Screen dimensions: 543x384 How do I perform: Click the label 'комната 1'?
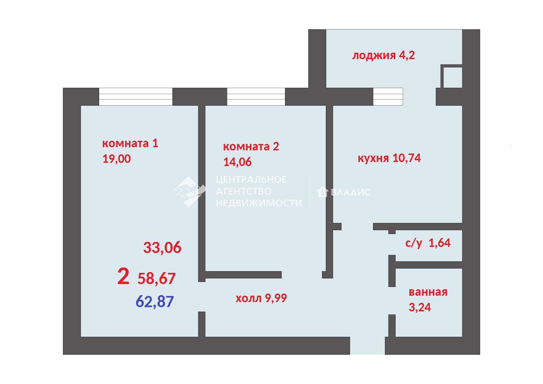[130, 143]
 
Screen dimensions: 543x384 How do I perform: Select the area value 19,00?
[116, 159]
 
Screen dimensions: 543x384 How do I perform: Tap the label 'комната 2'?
[251, 146]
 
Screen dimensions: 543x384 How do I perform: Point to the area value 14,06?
[237, 162]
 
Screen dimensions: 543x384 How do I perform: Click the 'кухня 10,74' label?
[389, 158]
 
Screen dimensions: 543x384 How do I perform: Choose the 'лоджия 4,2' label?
[383, 56]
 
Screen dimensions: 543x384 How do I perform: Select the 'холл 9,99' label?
[261, 298]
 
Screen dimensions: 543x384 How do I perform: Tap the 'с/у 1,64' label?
[428, 243]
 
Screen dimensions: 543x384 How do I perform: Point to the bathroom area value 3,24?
[420, 307]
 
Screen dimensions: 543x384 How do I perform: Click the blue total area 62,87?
[155, 302]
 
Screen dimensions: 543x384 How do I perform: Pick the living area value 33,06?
[162, 247]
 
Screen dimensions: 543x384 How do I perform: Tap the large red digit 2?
[123, 276]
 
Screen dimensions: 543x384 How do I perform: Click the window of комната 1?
[136, 97]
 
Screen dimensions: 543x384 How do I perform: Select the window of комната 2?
[256, 97]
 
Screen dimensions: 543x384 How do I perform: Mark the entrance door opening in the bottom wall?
[367, 346]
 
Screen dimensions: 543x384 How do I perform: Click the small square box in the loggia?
[452, 76]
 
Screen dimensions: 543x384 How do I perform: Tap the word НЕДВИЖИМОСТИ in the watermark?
[259, 203]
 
